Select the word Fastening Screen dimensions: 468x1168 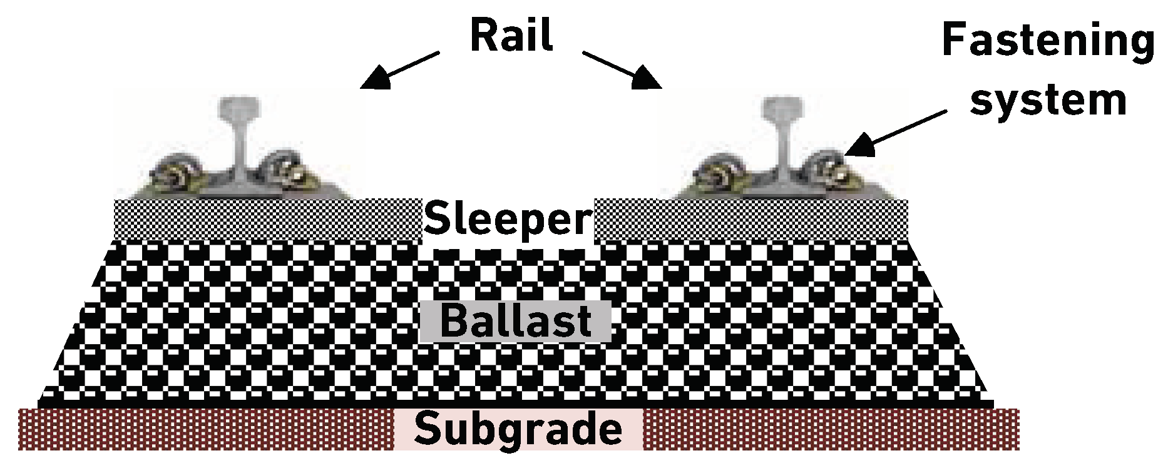[x=1048, y=41]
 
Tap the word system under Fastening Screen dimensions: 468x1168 [x=1048, y=100]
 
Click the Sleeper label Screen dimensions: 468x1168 [x=507, y=220]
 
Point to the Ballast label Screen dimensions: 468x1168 [x=516, y=321]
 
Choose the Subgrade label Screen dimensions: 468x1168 [x=518, y=430]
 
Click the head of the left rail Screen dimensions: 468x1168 [x=238, y=108]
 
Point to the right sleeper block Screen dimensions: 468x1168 [x=751, y=220]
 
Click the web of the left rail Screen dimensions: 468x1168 [x=240, y=150]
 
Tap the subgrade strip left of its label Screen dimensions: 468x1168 [x=207, y=430]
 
